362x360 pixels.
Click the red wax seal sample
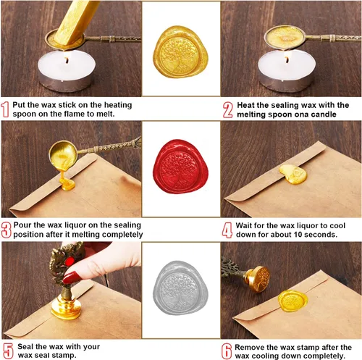[180, 167]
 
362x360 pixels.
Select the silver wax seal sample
[180, 288]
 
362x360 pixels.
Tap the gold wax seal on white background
[180, 51]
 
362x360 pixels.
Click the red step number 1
[5, 109]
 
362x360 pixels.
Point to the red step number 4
[227, 230]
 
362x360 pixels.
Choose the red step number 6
[227, 351]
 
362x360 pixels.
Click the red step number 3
[6, 230]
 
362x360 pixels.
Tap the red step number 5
[8, 351]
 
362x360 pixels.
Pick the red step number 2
[228, 109]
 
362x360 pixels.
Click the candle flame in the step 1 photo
[67, 59]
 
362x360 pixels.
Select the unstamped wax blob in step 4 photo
[293, 174]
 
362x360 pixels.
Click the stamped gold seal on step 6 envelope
[292, 301]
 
